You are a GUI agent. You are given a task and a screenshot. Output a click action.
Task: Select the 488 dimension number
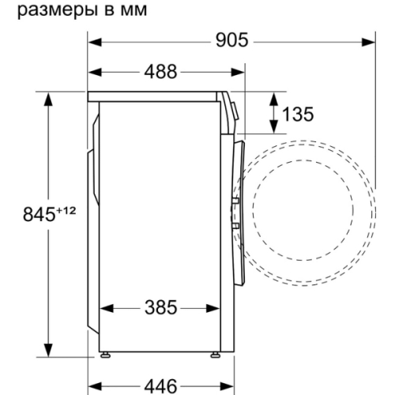coord(160,72)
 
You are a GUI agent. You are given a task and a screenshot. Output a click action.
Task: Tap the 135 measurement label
coord(298,114)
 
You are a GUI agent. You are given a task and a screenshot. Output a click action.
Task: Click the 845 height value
coord(30,213)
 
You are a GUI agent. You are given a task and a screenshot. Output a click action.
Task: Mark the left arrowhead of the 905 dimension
coord(92,40)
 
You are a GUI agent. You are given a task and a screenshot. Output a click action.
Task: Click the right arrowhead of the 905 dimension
coord(369,40)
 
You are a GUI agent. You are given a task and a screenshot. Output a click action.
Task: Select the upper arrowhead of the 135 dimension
coord(273,97)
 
